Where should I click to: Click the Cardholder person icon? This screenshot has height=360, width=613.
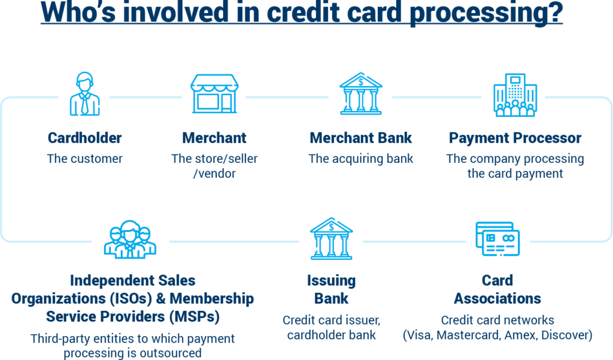[x=85, y=94]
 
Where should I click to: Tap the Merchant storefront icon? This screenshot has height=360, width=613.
[x=214, y=94]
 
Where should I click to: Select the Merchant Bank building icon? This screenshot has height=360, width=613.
[x=360, y=94]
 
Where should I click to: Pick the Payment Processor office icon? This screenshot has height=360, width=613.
[x=514, y=95]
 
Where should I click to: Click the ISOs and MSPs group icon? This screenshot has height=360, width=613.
[x=130, y=239]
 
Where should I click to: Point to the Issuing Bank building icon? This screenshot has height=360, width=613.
[x=331, y=238]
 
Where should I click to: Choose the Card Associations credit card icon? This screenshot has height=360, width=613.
[x=497, y=238]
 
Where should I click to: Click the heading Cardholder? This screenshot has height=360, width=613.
[x=84, y=138]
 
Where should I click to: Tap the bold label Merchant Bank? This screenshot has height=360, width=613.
[x=360, y=138]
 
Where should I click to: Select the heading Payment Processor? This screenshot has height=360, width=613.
[x=515, y=138]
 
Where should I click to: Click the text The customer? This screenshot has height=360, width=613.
[x=84, y=159]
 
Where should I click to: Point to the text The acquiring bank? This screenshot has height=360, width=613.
[x=360, y=159]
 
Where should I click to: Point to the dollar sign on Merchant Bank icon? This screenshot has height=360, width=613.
[x=360, y=80]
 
